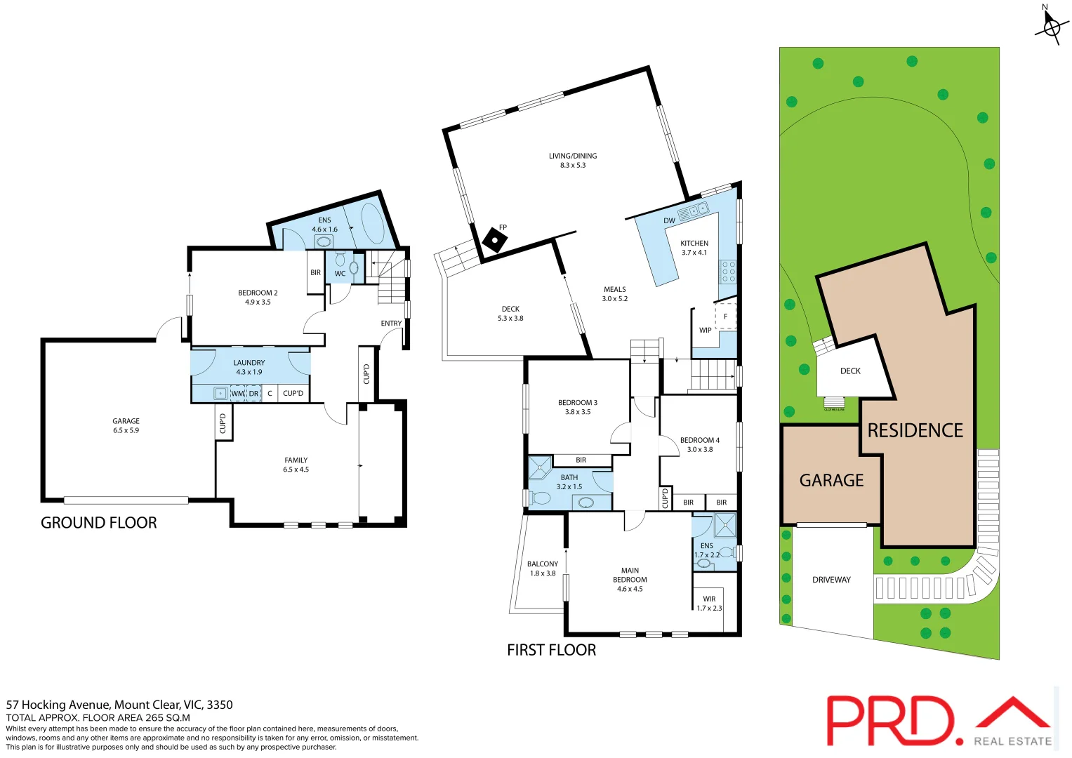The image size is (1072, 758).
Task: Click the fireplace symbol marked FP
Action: click(495, 241)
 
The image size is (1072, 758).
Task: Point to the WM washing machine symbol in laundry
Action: click(238, 394)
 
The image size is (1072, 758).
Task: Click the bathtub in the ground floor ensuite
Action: click(371, 222)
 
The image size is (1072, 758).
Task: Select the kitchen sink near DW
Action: click(694, 211)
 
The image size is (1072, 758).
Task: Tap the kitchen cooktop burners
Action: click(728, 272)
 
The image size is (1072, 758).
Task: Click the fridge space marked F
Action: click(726, 317)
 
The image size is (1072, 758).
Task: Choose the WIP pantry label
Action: click(705, 331)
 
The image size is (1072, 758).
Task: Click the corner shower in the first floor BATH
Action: click(540, 467)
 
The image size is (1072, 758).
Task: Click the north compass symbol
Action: click(1051, 27)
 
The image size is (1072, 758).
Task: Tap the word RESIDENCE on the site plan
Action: click(915, 430)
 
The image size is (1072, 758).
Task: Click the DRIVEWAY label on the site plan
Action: click(831, 580)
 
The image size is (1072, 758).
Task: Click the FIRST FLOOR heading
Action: click(551, 651)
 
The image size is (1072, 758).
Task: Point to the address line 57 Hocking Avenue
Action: click(119, 705)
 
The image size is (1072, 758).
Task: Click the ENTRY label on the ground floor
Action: click(391, 324)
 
